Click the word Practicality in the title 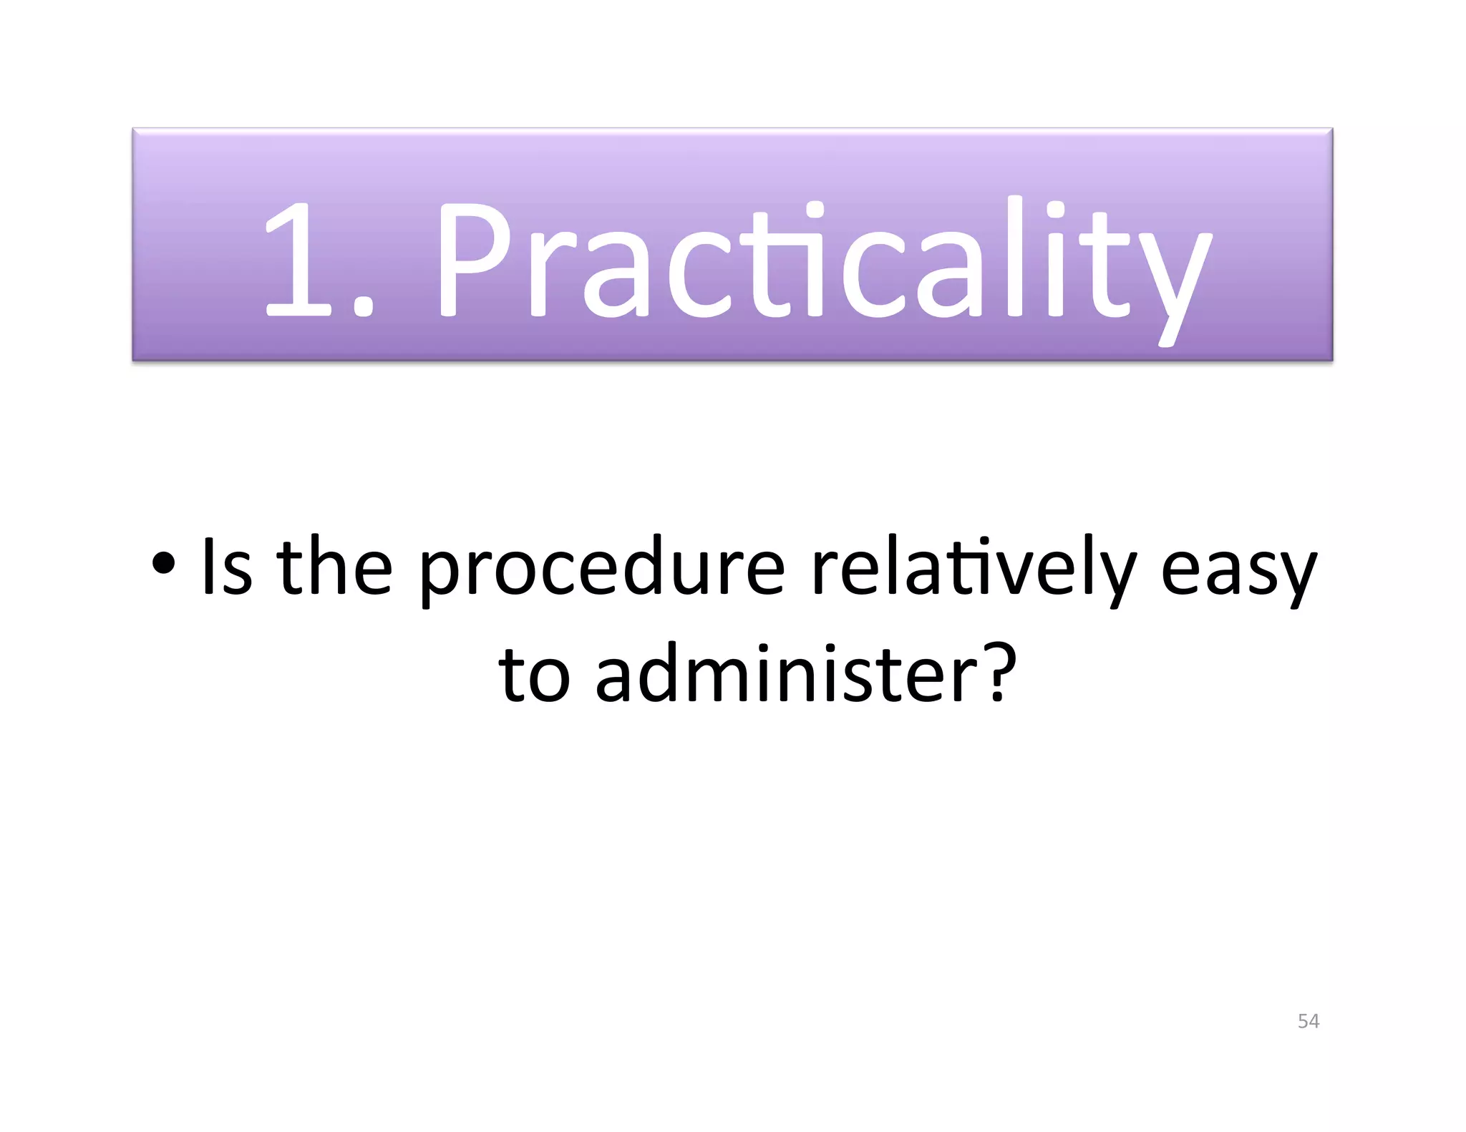click(823, 261)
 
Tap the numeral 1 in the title click(297, 261)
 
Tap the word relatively click(974, 569)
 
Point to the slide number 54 click(1308, 1021)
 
